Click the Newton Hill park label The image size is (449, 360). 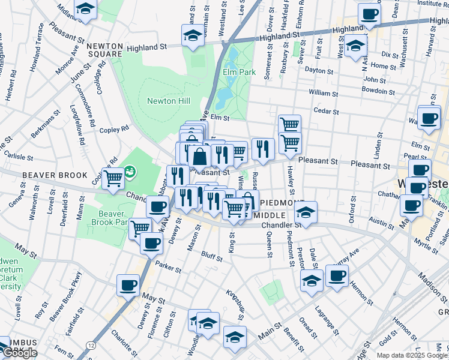[169, 101]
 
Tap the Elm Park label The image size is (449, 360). [235, 73]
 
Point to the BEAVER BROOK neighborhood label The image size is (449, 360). [48, 175]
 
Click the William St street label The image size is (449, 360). [324, 93]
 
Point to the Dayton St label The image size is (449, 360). [318, 70]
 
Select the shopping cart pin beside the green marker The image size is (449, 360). [113, 178]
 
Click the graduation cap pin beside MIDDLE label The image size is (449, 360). [306, 212]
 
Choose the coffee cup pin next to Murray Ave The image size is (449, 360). [337, 275]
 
